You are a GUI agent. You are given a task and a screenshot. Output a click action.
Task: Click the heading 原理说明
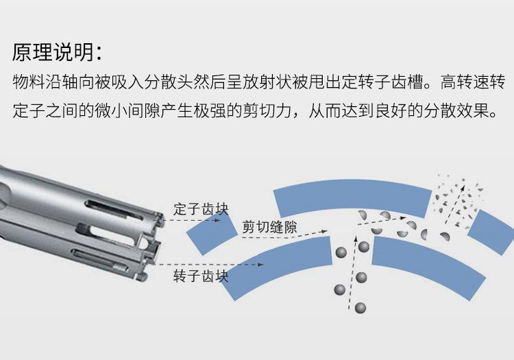point(59,52)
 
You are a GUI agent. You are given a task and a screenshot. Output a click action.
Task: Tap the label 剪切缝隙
point(270,227)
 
